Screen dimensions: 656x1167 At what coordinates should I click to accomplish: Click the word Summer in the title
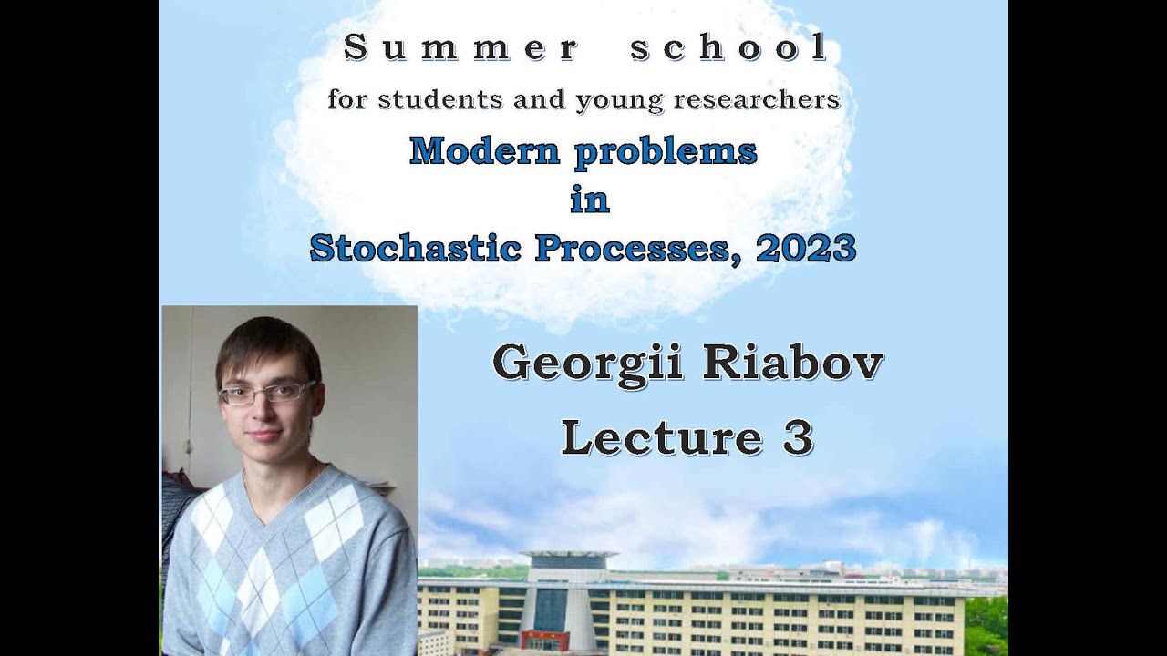(x=460, y=48)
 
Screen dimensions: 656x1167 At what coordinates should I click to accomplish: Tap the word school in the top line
(x=729, y=48)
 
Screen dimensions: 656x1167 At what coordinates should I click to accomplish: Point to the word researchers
(x=756, y=98)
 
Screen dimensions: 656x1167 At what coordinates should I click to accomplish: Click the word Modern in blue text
(x=484, y=150)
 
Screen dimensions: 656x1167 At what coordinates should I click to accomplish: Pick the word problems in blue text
(x=666, y=150)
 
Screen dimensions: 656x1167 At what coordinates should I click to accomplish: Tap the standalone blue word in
(x=589, y=200)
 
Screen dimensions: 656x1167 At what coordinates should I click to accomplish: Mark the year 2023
(x=806, y=247)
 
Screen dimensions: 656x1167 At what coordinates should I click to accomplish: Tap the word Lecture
(x=661, y=437)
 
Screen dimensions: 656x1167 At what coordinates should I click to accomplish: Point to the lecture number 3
(x=797, y=437)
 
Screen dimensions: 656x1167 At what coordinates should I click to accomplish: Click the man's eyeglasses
(x=266, y=393)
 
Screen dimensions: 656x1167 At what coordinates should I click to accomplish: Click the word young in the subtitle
(x=618, y=99)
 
